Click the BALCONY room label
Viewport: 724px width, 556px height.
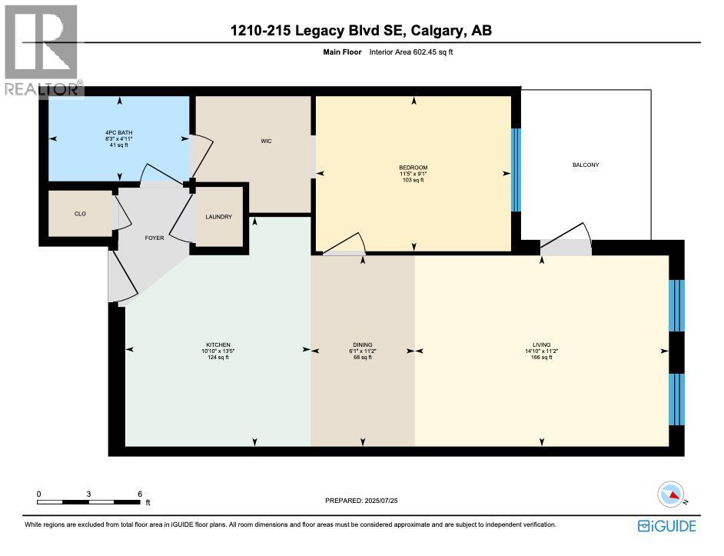585,165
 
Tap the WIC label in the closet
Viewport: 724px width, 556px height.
266,141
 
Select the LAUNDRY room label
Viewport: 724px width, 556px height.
218,217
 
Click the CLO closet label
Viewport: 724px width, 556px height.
80,214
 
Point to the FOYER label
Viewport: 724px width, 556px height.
154,238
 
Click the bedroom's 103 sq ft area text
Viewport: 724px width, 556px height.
413,180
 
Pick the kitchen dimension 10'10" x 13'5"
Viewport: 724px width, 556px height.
218,351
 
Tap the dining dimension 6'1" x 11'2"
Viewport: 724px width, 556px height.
362,351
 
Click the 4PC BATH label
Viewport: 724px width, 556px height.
119,132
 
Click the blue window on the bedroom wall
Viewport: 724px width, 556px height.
516,170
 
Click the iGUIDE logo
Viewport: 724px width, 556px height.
666,526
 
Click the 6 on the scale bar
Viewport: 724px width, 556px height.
139,494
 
